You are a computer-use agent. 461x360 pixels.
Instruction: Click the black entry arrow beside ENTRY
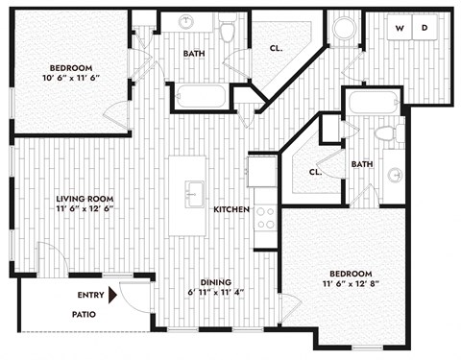(x=113, y=297)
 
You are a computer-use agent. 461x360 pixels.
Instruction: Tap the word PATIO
(x=85, y=314)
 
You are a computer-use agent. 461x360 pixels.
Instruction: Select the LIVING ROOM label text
(x=85, y=199)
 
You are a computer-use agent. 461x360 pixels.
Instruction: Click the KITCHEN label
(x=231, y=209)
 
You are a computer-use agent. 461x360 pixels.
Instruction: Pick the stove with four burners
(x=263, y=218)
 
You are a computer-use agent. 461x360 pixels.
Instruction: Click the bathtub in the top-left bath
(x=201, y=96)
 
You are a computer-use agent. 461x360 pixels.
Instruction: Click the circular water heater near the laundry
(x=343, y=28)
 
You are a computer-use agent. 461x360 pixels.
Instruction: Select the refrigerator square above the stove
(x=261, y=171)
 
